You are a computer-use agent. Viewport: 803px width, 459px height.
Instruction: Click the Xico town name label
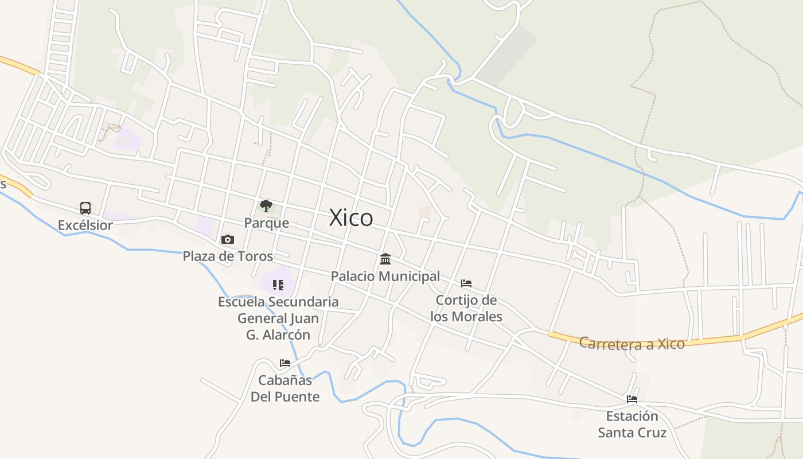351,218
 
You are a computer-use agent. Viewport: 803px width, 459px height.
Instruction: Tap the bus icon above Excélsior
85,208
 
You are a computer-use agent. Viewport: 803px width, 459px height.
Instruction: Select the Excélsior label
85,225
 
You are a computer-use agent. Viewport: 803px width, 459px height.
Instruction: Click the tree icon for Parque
266,206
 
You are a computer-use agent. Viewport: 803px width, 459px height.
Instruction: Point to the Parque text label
267,223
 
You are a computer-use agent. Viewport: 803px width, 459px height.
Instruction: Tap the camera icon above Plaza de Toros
228,239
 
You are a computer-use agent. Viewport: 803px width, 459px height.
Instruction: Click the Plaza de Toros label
228,256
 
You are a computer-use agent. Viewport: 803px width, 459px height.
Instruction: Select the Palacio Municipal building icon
385,259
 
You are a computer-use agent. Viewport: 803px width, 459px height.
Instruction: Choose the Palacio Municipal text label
385,277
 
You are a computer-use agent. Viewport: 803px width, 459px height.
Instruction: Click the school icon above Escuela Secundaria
278,285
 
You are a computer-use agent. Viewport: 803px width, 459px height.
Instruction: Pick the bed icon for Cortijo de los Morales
466,283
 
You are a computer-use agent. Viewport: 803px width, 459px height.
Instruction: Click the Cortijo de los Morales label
466,308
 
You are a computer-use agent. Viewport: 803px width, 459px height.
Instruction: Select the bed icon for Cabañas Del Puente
285,363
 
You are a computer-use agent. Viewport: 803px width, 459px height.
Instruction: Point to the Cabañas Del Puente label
285,388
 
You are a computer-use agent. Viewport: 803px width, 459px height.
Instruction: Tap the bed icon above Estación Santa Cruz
632,399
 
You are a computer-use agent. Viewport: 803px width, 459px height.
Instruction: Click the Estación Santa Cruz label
632,424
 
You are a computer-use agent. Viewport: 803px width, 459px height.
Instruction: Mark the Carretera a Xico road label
632,344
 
